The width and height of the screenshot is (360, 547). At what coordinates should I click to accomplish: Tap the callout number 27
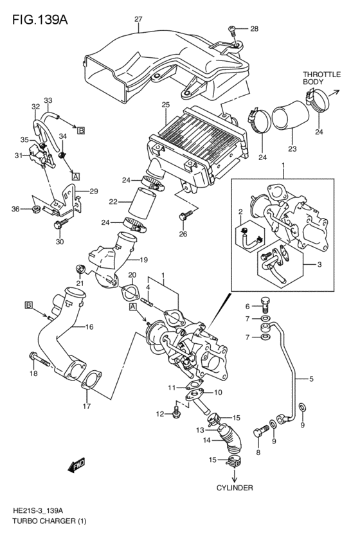pyautogui.click(x=138, y=19)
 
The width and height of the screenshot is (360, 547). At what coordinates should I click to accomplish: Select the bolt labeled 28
pyautogui.click(x=233, y=30)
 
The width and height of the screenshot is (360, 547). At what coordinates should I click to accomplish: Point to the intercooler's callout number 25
pyautogui.click(x=165, y=105)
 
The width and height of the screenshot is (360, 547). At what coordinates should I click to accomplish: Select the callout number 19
pyautogui.click(x=144, y=260)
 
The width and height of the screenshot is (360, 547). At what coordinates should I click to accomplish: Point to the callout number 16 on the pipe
pyautogui.click(x=89, y=327)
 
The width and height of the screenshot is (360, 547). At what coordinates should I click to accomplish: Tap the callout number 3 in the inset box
pyautogui.click(x=310, y=264)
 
